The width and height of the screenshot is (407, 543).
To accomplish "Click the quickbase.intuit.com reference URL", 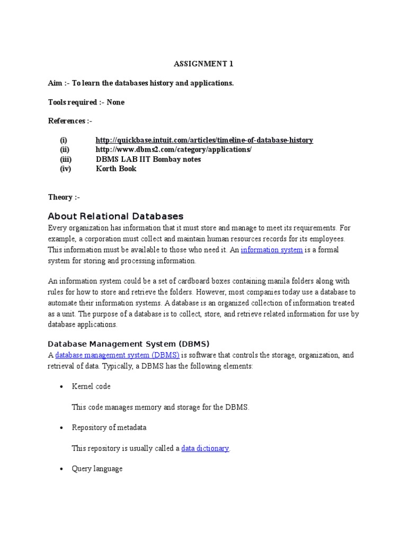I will click(x=204, y=140).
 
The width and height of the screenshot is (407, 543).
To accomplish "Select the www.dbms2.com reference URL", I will click(x=173, y=150).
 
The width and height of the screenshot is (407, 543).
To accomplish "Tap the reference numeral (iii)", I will click(x=66, y=159).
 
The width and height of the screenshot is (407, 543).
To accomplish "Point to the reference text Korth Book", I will click(x=116, y=169).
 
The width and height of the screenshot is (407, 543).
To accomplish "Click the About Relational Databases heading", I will click(x=116, y=216).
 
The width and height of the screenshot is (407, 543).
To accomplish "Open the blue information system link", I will click(x=272, y=250).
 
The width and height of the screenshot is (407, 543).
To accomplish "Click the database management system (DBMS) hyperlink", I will click(x=117, y=355).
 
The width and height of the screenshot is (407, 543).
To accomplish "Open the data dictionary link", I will click(x=205, y=448).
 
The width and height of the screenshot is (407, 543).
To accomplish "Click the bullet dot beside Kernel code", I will click(x=62, y=387).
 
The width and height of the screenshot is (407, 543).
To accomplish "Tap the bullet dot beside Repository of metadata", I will click(x=62, y=427).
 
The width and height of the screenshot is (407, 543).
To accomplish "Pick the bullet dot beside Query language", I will click(x=62, y=469).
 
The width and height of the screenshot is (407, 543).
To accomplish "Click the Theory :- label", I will click(x=64, y=197).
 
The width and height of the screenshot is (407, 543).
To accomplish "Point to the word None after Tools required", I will click(x=116, y=102).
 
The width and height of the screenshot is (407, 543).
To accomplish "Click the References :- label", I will click(x=70, y=121).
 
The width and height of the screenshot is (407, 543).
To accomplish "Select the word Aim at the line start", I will click(x=55, y=83).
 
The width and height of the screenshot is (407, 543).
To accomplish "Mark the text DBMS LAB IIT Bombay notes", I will click(x=148, y=159).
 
